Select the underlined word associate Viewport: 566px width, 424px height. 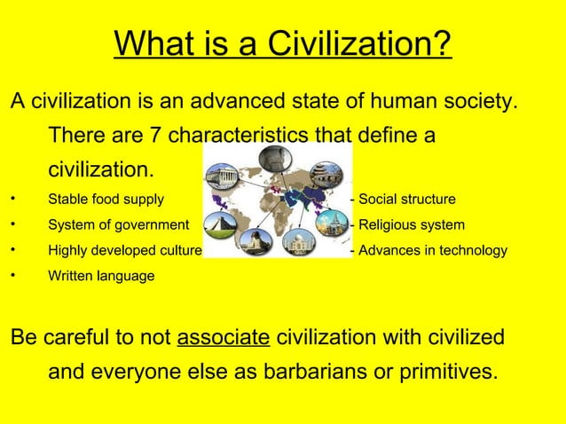224,338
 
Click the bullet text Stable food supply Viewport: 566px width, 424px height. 106,199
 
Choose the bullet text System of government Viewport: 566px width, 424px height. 118,224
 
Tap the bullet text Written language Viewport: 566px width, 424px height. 100,277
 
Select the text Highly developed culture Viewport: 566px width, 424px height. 125,250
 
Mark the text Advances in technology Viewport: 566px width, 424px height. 431,250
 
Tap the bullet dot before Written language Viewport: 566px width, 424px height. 11,277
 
